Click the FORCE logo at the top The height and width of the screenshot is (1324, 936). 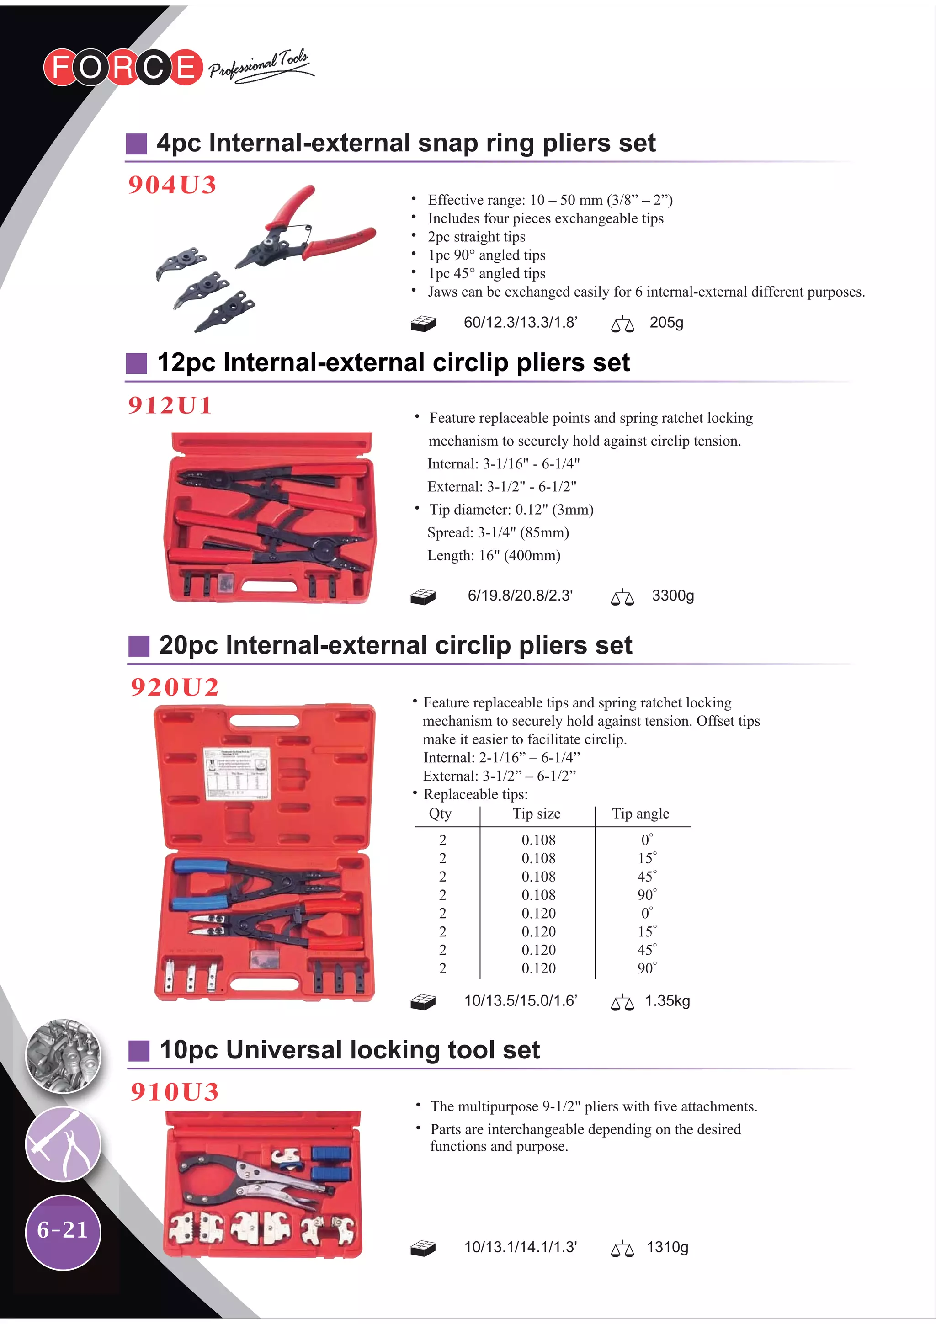pos(123,67)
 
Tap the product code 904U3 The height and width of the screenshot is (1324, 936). pos(172,185)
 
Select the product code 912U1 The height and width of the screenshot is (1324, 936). pos(170,405)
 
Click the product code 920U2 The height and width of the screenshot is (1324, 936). pos(174,687)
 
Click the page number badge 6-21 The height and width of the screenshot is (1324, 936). pos(63,1230)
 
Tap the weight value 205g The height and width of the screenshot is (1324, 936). pos(666,323)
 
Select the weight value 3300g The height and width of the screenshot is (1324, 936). pos(672,596)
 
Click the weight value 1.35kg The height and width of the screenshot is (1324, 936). pos(667,1001)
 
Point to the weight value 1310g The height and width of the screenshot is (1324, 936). pos(667,1247)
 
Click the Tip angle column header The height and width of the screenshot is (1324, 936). pos(640,814)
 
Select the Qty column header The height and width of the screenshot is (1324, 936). pos(440,814)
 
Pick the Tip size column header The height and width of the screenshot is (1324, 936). pos(537,814)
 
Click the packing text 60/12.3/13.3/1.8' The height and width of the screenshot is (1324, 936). pos(520,323)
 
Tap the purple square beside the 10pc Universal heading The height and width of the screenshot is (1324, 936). pos(138,1051)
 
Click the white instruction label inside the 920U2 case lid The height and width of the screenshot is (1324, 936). pos(236,773)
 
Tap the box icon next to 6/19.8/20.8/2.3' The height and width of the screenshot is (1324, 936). pos(423,597)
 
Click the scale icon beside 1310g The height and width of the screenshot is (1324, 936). pos(622,1249)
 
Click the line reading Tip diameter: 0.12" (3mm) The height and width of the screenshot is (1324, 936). pos(511,510)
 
